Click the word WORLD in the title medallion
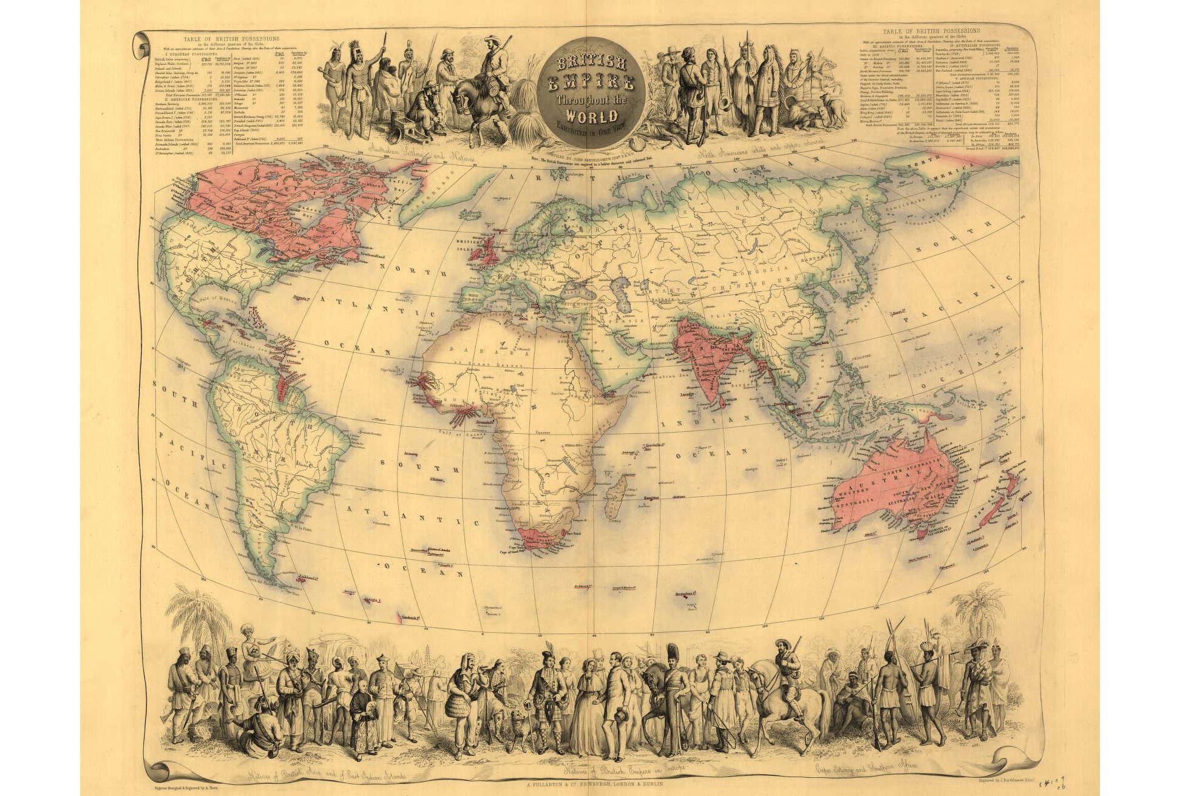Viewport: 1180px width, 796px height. (593, 115)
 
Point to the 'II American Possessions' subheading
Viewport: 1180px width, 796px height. (188, 99)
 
